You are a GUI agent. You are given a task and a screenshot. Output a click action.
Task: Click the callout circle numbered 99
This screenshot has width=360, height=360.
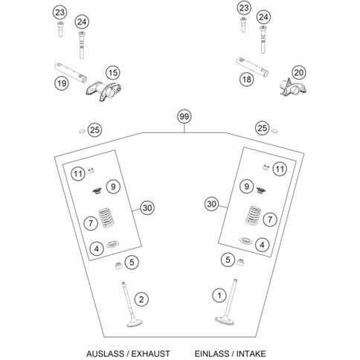(x=184, y=116)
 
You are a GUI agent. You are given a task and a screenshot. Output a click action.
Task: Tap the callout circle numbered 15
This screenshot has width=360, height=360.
(x=113, y=73)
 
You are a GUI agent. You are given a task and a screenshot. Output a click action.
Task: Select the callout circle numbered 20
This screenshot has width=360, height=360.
(x=298, y=72)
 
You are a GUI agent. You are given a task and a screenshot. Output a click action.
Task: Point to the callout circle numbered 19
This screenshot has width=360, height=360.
(x=62, y=83)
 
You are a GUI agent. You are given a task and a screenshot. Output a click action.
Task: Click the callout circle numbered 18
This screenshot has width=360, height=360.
(x=247, y=80)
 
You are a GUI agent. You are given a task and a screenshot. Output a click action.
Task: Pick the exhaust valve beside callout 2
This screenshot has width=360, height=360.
(x=132, y=310)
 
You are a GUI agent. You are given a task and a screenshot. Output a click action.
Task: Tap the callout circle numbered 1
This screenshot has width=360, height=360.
(x=219, y=295)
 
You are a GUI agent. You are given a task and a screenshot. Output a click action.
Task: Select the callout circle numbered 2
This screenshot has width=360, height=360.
(x=141, y=299)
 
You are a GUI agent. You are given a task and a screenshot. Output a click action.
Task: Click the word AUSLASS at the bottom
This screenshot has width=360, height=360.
(x=105, y=353)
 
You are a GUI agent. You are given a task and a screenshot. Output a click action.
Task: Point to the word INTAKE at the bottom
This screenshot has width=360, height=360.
(x=251, y=353)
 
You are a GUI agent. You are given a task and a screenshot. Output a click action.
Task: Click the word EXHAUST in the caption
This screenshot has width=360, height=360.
(x=150, y=353)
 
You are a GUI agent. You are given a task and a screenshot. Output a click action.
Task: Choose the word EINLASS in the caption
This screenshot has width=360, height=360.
(x=212, y=353)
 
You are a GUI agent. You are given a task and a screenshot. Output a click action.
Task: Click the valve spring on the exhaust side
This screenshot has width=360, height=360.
(x=106, y=217)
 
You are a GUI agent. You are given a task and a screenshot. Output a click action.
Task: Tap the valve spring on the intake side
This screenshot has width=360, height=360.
(x=253, y=215)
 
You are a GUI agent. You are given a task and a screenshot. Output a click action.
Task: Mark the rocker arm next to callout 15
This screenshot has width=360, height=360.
(x=103, y=91)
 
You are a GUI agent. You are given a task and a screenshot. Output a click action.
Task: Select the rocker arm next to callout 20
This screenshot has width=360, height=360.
(x=292, y=87)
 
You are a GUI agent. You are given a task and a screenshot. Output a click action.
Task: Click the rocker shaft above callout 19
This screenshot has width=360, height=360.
(x=71, y=73)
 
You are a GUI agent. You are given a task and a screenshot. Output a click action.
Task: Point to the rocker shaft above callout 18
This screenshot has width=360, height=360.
(x=252, y=66)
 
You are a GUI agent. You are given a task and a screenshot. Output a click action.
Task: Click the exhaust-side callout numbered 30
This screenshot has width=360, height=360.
(x=147, y=208)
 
